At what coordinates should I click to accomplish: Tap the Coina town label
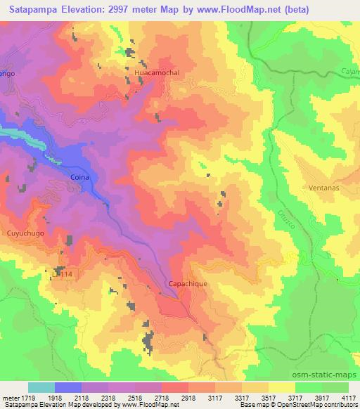pyautogui.click(x=79, y=178)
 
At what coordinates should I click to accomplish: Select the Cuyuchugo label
pyautogui.click(x=25, y=230)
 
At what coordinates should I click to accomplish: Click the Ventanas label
pyautogui.click(x=323, y=188)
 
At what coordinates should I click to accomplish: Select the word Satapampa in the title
pyautogui.click(x=32, y=9)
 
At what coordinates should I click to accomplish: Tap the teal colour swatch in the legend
pyautogui.click(x=41, y=387)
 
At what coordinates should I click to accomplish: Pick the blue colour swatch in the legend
pyautogui.click(x=68, y=387)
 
